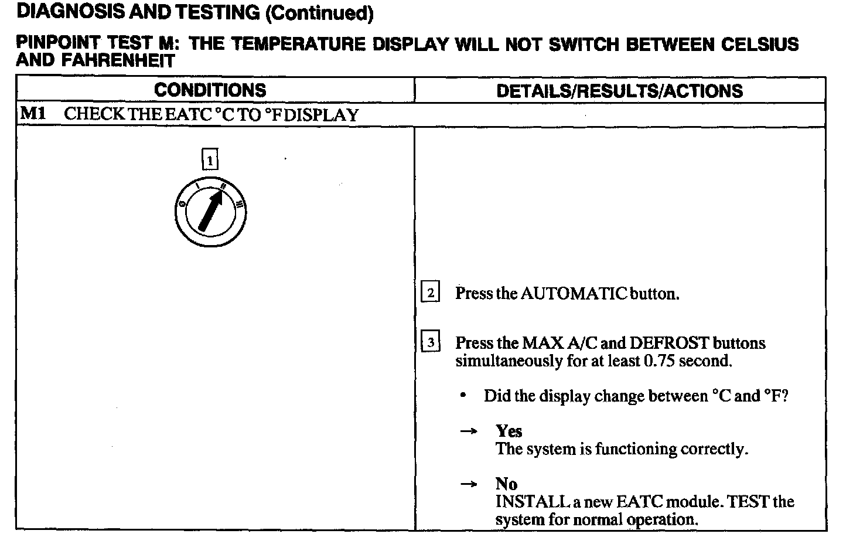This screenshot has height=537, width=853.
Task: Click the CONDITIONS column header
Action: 210,90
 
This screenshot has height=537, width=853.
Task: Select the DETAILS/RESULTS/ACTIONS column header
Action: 619,91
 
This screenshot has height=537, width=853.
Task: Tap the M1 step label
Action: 33,114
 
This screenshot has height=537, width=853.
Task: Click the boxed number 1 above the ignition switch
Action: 210,160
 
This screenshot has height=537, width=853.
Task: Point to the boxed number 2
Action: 431,293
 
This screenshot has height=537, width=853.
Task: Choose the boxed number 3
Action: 431,342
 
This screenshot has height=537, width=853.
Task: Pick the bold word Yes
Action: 509,431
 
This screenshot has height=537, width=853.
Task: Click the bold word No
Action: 506,484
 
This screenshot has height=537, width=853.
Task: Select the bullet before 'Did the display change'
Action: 463,396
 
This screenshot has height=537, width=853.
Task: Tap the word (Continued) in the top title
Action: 319,12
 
